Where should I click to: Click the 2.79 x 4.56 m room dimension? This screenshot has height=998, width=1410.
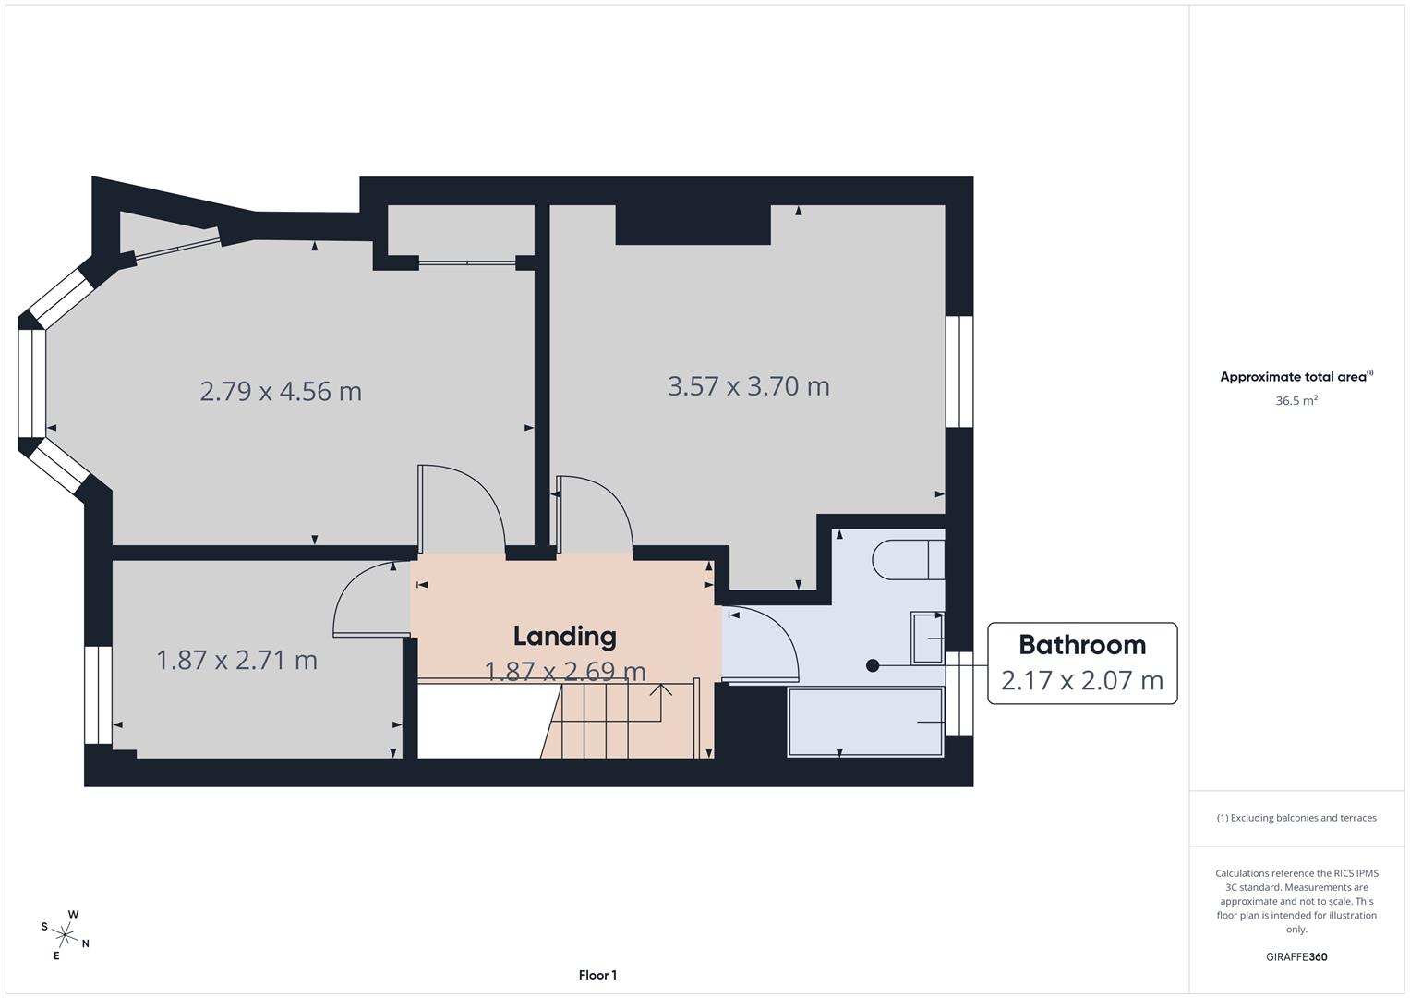coord(281,391)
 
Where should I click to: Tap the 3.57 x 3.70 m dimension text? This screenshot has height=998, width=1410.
coord(748,385)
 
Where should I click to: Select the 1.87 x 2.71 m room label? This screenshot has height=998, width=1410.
coord(236,660)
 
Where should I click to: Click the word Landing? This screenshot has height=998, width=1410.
coord(564,636)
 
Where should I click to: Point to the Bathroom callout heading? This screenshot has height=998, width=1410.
coord(1081,644)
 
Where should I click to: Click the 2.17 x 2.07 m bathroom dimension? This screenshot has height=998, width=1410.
coord(1081,681)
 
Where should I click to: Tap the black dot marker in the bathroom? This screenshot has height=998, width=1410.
coord(872,665)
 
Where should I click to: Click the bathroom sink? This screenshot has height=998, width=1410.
coord(927,638)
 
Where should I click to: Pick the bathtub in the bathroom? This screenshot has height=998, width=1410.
coord(865,722)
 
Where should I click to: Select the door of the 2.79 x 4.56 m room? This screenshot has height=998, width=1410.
coord(462,508)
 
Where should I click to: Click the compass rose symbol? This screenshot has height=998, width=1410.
coord(66,934)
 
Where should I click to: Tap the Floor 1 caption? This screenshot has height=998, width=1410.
coord(597,975)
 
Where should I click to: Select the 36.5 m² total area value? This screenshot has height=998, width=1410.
coord(1296,401)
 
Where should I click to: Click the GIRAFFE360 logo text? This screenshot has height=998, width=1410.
coord(1296,956)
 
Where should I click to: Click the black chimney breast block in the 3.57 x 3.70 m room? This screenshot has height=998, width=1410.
coord(693,225)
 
